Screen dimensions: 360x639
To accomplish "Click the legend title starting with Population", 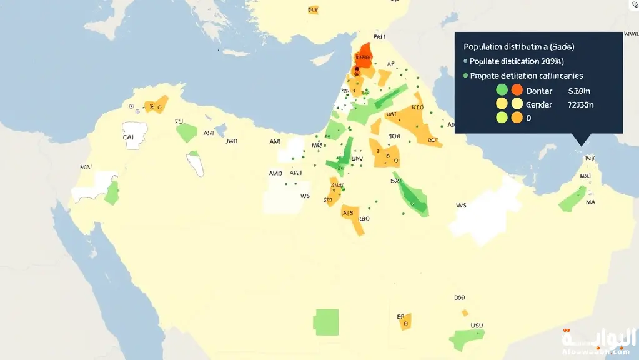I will click(x=519, y=47).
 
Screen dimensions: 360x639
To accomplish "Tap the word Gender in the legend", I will click(x=539, y=104).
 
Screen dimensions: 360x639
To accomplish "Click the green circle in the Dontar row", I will click(x=502, y=90).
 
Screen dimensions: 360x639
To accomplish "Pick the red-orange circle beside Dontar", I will click(x=517, y=90).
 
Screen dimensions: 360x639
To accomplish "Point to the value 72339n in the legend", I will click(x=580, y=104).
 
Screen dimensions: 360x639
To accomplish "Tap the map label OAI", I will click(x=128, y=136).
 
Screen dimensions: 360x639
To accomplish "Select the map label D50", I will click(x=460, y=298).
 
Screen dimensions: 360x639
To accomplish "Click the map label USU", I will click(x=477, y=326).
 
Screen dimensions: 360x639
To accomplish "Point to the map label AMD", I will click(x=275, y=173).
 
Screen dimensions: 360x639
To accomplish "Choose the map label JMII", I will click(x=231, y=141).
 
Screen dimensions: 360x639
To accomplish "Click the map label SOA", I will click(x=394, y=136).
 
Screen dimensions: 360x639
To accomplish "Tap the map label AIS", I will click(x=348, y=213).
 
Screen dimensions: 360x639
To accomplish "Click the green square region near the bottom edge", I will click(x=326, y=321).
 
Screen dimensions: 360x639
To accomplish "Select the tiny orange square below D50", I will click(x=464, y=312).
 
